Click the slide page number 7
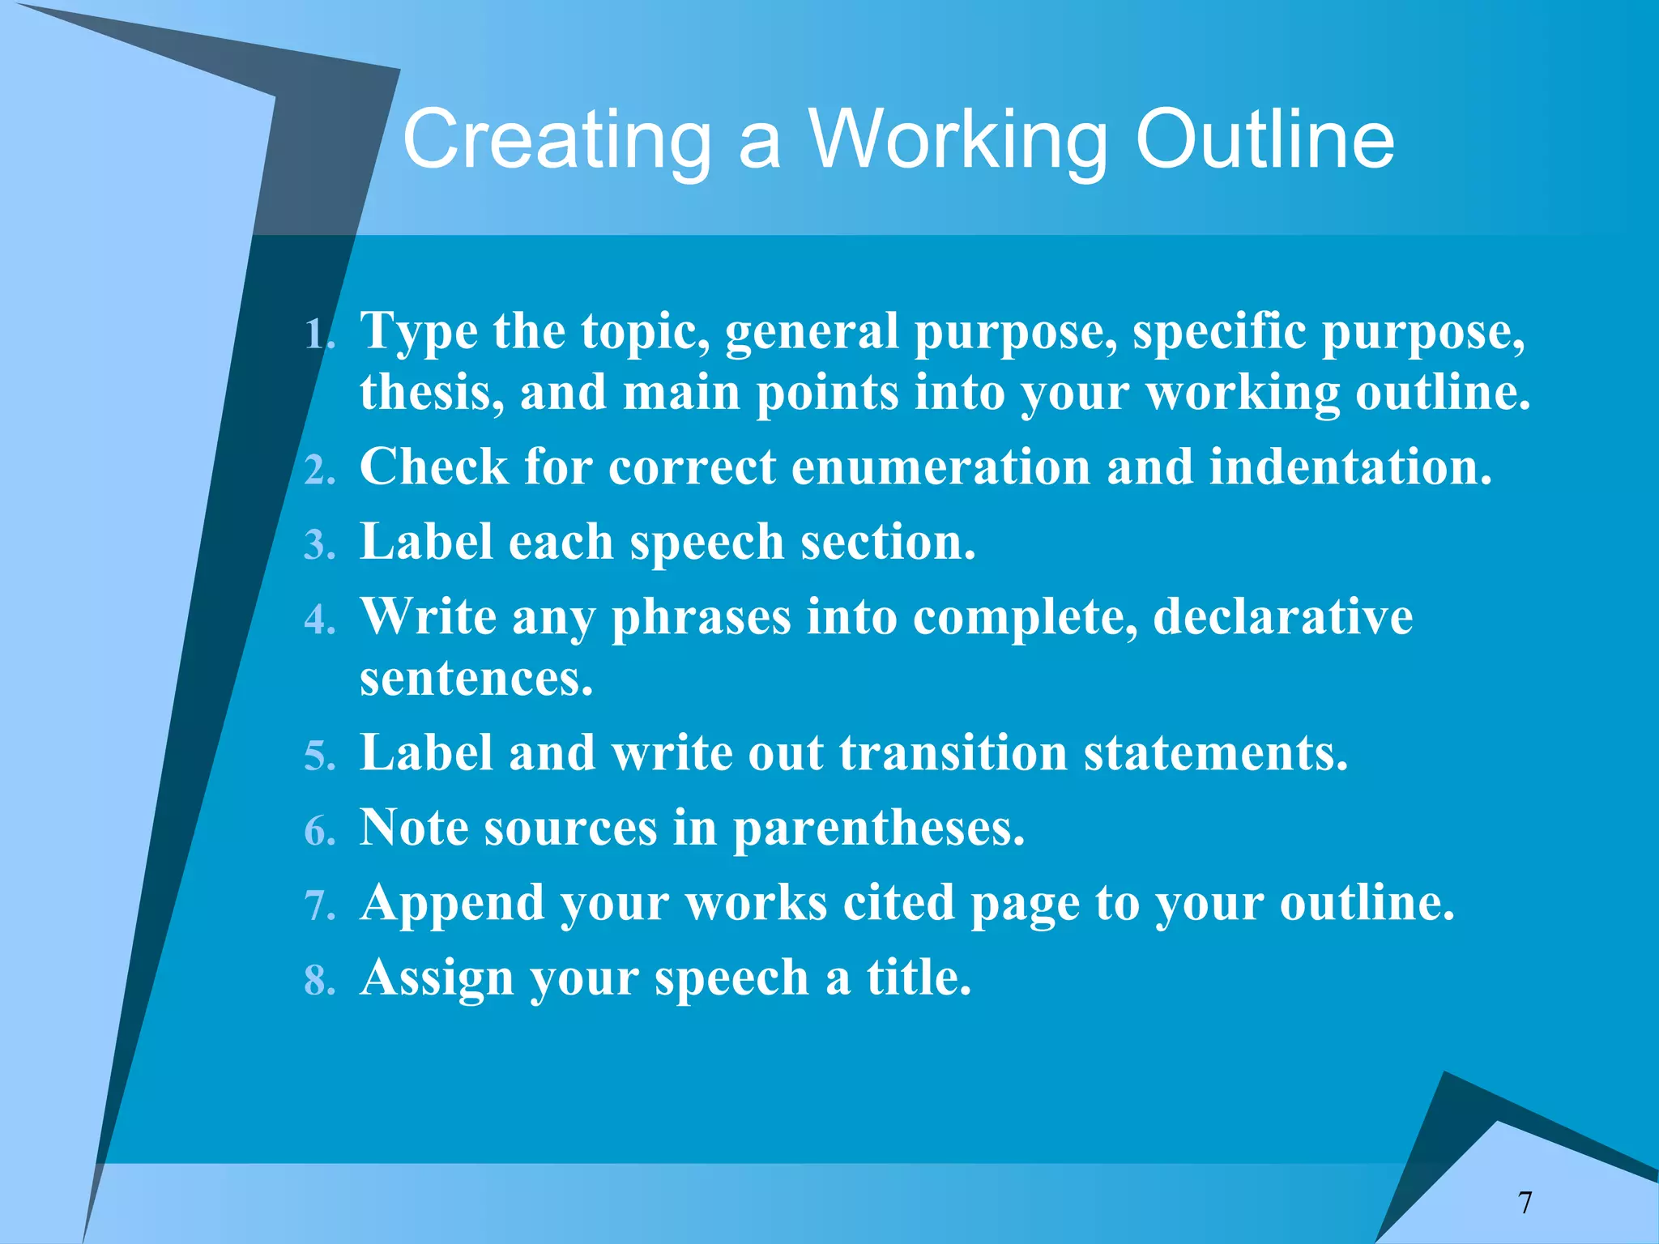pos(1525,1203)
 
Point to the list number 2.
pos(319,471)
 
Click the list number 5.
pos(319,756)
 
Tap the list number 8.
pos(319,981)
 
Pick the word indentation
pos(1349,467)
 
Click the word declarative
pos(1282,617)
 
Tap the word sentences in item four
pos(476,679)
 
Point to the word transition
pos(953,753)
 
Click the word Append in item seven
pos(452,904)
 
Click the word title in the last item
pos(918,978)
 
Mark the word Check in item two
pos(433,467)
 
